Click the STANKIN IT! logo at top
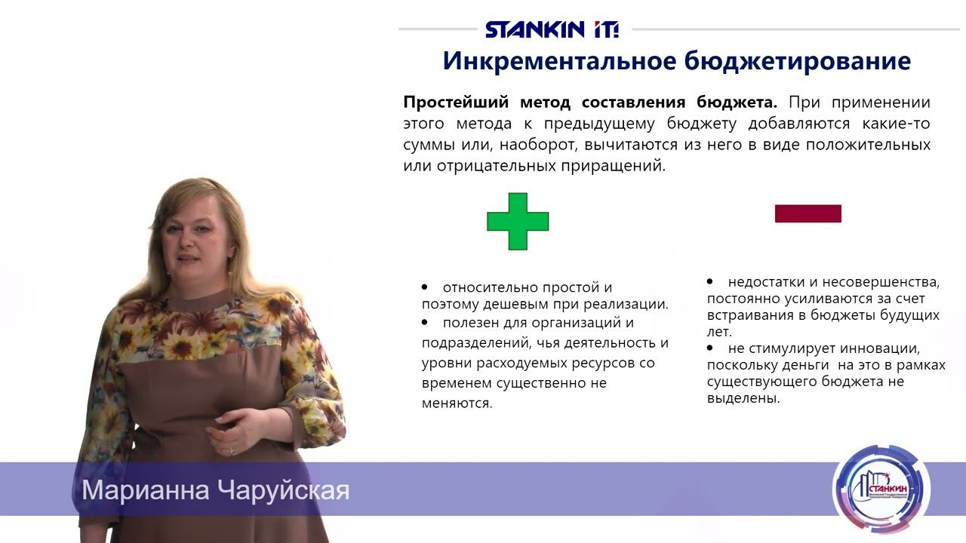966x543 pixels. coord(552,29)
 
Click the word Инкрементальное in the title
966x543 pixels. coord(559,61)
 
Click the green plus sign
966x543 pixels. coord(518,221)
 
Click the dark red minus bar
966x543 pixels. coord(808,213)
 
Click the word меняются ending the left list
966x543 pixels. coord(456,403)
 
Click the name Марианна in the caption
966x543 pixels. coord(146,490)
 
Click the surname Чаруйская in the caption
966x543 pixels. coord(283,490)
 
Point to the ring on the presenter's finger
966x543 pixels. coord(231,450)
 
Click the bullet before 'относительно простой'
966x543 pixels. coord(425,287)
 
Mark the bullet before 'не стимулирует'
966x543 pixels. coord(710,348)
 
